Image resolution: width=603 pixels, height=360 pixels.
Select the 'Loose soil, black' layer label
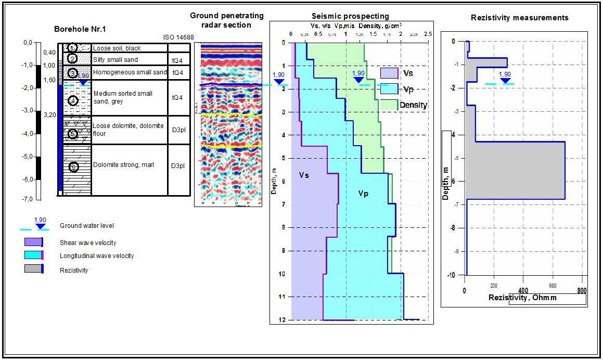tap(117, 48)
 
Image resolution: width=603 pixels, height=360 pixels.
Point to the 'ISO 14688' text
tap(178, 37)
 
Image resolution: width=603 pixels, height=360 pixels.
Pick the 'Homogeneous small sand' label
tap(130, 72)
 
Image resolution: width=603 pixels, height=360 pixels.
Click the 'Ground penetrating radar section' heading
tap(227, 20)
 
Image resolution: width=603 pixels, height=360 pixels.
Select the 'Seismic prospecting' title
tap(350, 16)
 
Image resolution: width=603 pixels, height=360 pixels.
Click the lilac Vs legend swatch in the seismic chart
tap(389, 73)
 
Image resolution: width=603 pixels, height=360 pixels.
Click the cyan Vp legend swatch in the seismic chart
tap(389, 89)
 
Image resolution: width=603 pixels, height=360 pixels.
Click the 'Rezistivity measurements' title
tap(519, 18)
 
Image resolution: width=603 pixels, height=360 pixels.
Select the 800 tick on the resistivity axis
tap(582, 291)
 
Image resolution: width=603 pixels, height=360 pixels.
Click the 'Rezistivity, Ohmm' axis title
tap(522, 298)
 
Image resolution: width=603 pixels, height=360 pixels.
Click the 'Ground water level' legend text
tap(87, 226)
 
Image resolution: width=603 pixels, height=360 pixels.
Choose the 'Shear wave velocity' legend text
tap(88, 243)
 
